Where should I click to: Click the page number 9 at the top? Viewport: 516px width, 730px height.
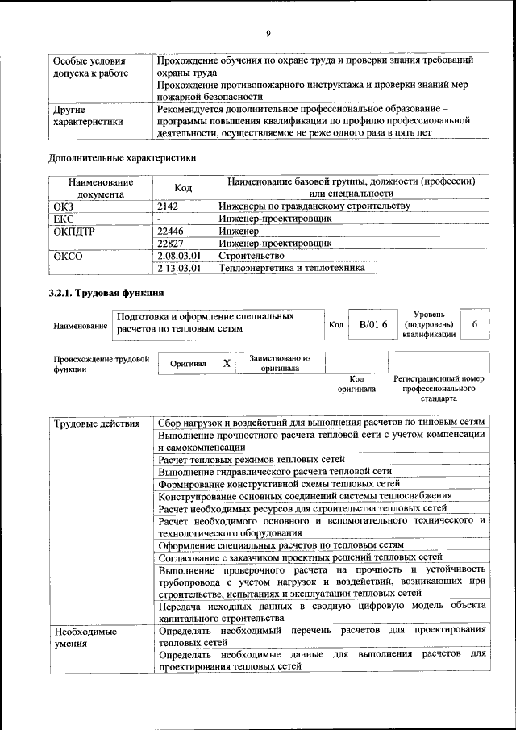pos(268,33)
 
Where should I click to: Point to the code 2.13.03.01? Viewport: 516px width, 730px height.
pos(179,267)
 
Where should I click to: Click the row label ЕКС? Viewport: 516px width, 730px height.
pos(64,218)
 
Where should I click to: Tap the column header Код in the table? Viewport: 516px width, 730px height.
pos(183,187)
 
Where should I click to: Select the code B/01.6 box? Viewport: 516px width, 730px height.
pos(373,324)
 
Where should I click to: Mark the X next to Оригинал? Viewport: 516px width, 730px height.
pos(227,364)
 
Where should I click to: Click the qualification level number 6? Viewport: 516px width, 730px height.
pos(476,324)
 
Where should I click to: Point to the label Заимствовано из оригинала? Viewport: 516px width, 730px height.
pos(280,363)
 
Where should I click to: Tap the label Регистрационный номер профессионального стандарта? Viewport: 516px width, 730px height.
pos(439,388)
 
